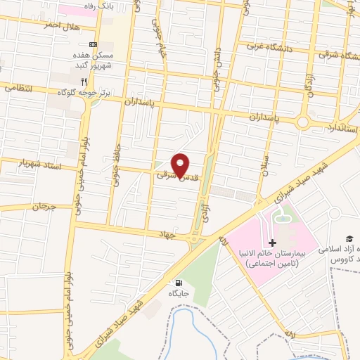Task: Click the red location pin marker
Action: click(181, 165)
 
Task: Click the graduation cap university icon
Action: click(347, 240)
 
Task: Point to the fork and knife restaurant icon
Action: click(84, 82)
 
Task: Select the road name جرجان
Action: click(43, 207)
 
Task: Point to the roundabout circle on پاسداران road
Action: click(303, 122)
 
